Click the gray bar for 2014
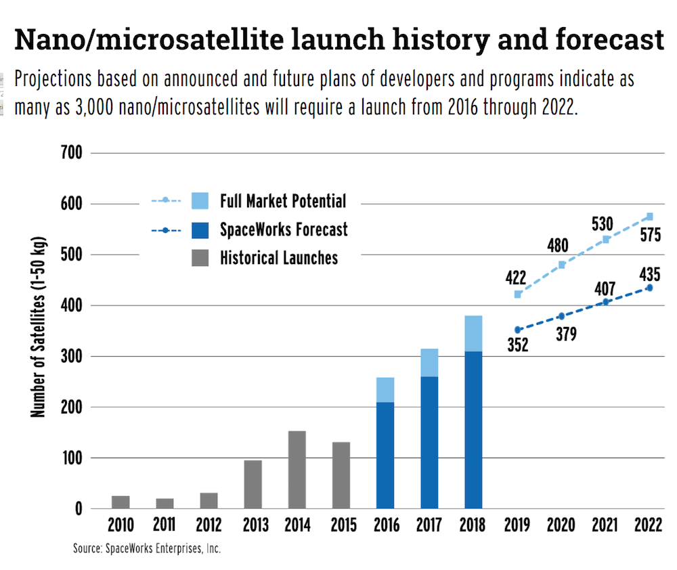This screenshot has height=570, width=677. click(x=297, y=469)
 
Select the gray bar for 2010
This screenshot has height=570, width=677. click(x=121, y=502)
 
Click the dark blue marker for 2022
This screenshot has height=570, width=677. click(x=649, y=288)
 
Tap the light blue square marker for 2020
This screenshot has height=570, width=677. click(x=562, y=265)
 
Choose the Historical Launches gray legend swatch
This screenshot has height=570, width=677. click(x=200, y=257)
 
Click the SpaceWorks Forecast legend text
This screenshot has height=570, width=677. click(x=284, y=229)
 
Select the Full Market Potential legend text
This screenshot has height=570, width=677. click(x=283, y=201)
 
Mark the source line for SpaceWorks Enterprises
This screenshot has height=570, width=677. click(x=147, y=548)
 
